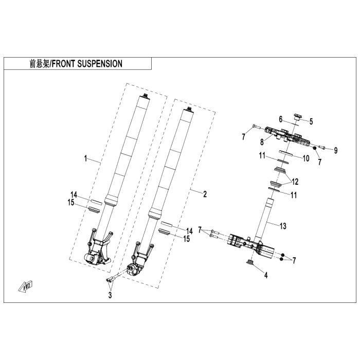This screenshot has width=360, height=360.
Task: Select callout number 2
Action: tap(205, 194)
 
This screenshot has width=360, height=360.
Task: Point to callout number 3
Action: tap(110, 295)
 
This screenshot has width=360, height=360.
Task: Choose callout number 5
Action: tap(311, 122)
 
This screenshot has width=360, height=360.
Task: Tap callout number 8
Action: tap(262, 141)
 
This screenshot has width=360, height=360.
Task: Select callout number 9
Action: tap(335, 150)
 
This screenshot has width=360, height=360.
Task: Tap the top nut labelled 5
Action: tap(297, 117)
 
